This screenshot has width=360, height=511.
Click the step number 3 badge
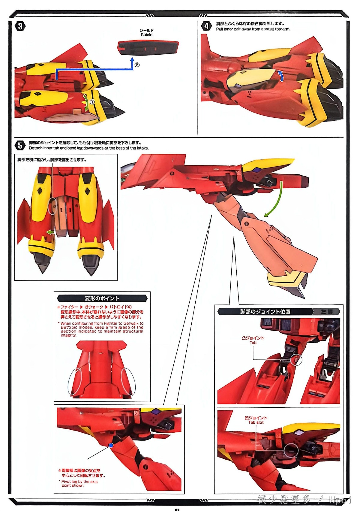tap(20, 26)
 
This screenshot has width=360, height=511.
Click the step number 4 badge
tap(206, 26)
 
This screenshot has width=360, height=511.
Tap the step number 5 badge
tap(20, 146)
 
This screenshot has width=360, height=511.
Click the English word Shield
tap(146, 35)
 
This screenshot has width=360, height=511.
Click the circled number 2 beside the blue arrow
tap(137, 65)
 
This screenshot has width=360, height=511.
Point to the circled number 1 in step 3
tap(92, 102)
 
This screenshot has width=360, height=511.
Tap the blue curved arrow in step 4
tap(280, 76)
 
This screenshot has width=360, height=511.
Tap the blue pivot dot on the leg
tap(111, 445)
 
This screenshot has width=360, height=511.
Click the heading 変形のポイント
tap(102, 298)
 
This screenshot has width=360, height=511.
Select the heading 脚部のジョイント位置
tap(265, 312)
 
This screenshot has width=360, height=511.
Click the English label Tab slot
tap(256, 422)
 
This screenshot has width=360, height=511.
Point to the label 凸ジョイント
tap(253, 338)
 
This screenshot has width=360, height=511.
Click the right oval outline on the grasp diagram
tap(128, 381)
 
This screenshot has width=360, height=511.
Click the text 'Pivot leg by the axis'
tap(79, 482)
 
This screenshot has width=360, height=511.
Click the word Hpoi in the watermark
tap(340, 500)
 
